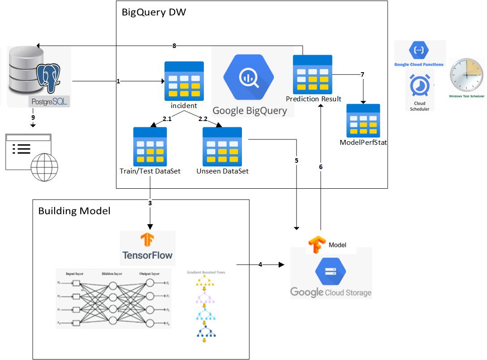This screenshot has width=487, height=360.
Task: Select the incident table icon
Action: click(x=184, y=81)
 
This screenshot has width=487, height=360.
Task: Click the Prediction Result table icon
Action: click(x=312, y=74)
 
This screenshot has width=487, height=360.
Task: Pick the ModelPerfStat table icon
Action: click(x=363, y=121)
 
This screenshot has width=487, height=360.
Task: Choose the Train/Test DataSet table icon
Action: click(x=150, y=147)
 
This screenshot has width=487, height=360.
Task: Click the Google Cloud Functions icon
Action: click(x=418, y=50)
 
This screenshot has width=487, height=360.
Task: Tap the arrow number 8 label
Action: click(x=174, y=45)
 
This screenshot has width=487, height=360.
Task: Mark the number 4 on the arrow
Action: click(x=260, y=265)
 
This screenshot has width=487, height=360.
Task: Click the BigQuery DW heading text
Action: click(x=154, y=12)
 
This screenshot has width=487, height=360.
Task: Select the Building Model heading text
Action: click(x=74, y=210)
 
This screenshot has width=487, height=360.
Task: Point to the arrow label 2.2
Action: click(x=203, y=119)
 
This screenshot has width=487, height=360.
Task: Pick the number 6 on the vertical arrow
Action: click(x=321, y=167)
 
